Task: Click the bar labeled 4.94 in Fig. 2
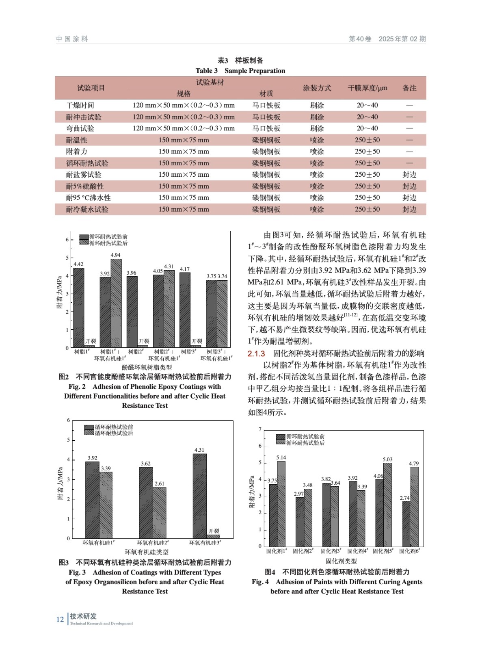116,303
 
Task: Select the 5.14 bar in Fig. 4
281,504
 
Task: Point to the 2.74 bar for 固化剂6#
406,524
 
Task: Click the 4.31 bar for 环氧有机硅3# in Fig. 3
199,496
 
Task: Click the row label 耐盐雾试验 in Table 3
84,175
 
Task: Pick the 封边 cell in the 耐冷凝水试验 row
409,210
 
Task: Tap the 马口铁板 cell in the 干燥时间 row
266,105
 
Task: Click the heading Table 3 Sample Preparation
240,71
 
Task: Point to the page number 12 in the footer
60,620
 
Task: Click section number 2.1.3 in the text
256,353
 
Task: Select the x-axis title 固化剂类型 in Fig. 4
341,561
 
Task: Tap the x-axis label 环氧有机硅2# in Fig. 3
153,543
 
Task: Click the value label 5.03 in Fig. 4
387,459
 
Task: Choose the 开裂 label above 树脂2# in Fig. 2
144,341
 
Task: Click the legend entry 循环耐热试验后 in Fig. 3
114,433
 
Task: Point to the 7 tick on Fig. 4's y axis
260,429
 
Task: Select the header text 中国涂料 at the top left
72,39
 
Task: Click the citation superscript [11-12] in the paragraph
351,315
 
